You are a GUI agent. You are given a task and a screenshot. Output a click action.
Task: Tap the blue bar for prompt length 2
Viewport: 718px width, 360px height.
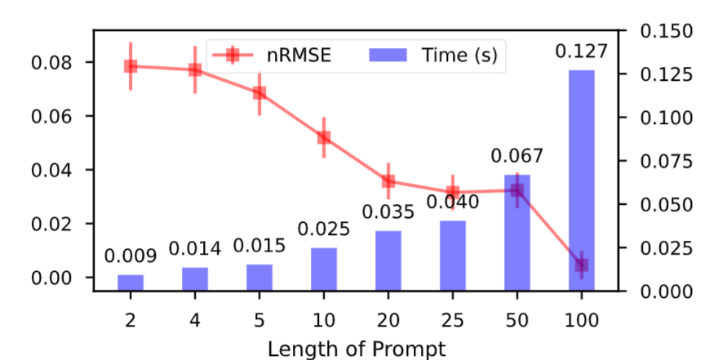click(x=130, y=282)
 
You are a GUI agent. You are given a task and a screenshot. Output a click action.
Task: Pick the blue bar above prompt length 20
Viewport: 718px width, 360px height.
click(x=388, y=260)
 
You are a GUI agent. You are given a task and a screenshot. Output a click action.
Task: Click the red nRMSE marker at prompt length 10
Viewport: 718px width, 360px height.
click(x=324, y=137)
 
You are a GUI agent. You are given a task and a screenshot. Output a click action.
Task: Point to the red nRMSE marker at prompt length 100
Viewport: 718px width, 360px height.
click(x=581, y=264)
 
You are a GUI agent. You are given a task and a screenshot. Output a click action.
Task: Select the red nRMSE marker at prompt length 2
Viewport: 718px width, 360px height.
click(x=130, y=66)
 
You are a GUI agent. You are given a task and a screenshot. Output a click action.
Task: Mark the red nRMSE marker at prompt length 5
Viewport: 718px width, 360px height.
click(x=259, y=92)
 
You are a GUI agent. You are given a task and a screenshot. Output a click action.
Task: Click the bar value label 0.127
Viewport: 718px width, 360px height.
click(x=581, y=51)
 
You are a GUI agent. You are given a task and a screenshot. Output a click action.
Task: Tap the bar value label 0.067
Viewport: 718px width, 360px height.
click(x=516, y=156)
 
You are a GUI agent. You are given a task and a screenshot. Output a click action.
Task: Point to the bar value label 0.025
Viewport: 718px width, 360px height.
click(x=324, y=229)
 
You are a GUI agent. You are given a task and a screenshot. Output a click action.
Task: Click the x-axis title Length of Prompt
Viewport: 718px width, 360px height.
click(x=357, y=349)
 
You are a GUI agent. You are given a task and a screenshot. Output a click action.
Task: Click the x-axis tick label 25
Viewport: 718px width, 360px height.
click(x=453, y=318)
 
